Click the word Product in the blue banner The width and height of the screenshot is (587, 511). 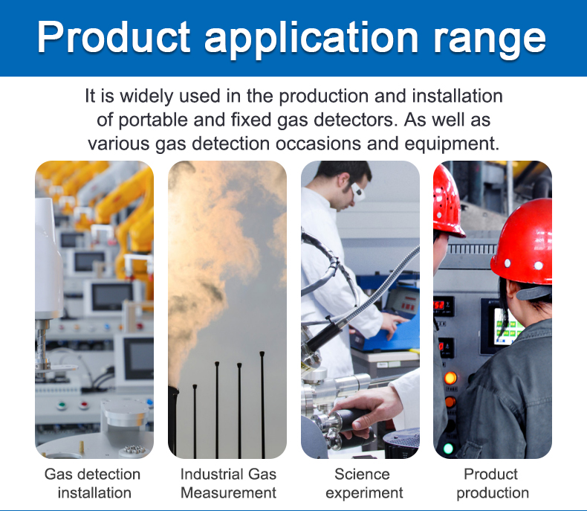pos(114,36)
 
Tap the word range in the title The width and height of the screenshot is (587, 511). pos(490,40)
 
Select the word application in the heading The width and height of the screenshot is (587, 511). pos(311,39)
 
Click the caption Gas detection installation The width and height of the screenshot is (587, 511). pos(93,483)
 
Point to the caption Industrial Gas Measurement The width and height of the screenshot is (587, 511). pos(228,483)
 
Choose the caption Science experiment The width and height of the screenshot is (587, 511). pos(364,483)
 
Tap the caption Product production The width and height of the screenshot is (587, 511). pos(493,483)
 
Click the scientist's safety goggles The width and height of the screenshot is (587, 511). pos(357,191)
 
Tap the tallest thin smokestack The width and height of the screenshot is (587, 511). pos(262,405)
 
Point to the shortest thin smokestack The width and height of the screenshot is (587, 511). pos(195,422)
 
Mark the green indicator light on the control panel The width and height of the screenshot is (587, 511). pos(448,449)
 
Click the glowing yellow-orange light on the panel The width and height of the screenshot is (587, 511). pos(450,379)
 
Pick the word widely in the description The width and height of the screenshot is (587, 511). pos(147,96)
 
